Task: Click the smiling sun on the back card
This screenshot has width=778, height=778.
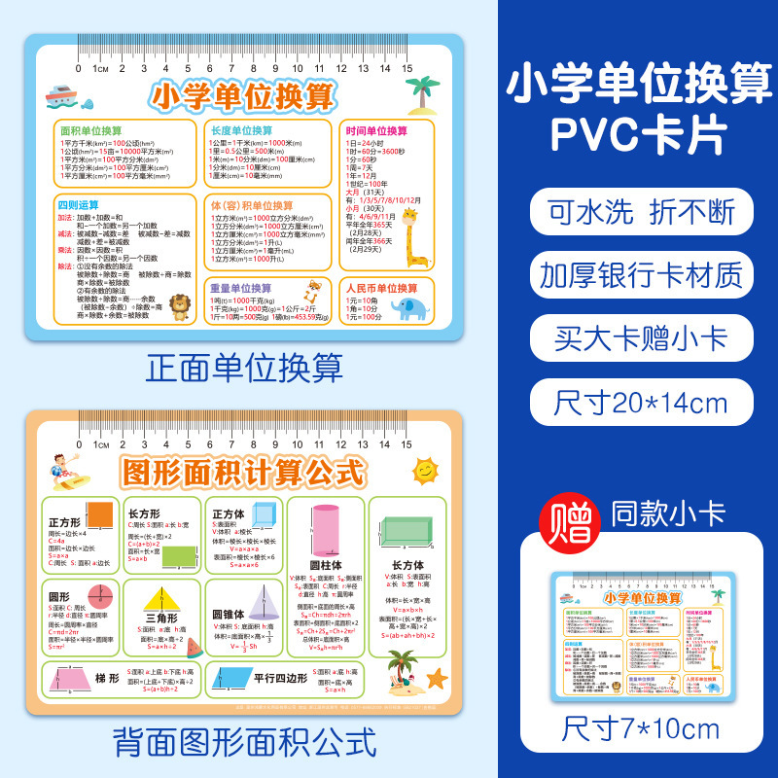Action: click(425, 472)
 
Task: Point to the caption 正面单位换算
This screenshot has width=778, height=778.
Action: click(244, 368)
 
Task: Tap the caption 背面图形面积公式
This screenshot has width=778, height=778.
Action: click(244, 743)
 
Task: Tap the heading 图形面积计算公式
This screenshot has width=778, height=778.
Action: click(244, 474)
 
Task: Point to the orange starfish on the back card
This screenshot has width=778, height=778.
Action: click(437, 678)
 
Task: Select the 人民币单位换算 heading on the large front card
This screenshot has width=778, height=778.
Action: click(381, 289)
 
